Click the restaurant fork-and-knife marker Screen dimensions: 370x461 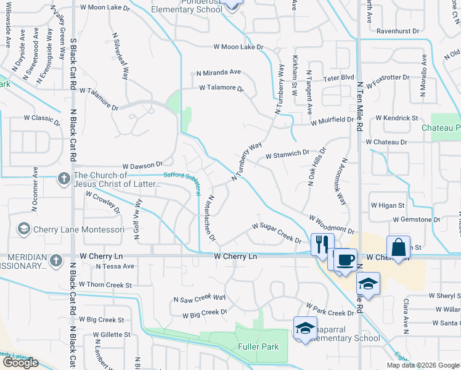(x=322, y=245)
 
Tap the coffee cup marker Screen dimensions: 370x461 (x=345, y=259)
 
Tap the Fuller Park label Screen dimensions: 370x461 (x=258, y=347)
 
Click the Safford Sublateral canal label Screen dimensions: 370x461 (x=182, y=176)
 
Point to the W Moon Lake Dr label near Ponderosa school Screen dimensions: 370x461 (x=238, y=47)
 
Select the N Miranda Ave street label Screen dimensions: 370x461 (x=218, y=72)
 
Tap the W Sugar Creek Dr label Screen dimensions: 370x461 (x=275, y=234)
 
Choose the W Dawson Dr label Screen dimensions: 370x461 (x=142, y=165)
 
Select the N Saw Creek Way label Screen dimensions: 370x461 (x=199, y=300)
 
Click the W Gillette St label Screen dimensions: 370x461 (x=112, y=335)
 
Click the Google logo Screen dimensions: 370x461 (x=20, y=363)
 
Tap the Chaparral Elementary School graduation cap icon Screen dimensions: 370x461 (x=304, y=328)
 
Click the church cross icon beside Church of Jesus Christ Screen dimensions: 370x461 (x=63, y=179)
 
